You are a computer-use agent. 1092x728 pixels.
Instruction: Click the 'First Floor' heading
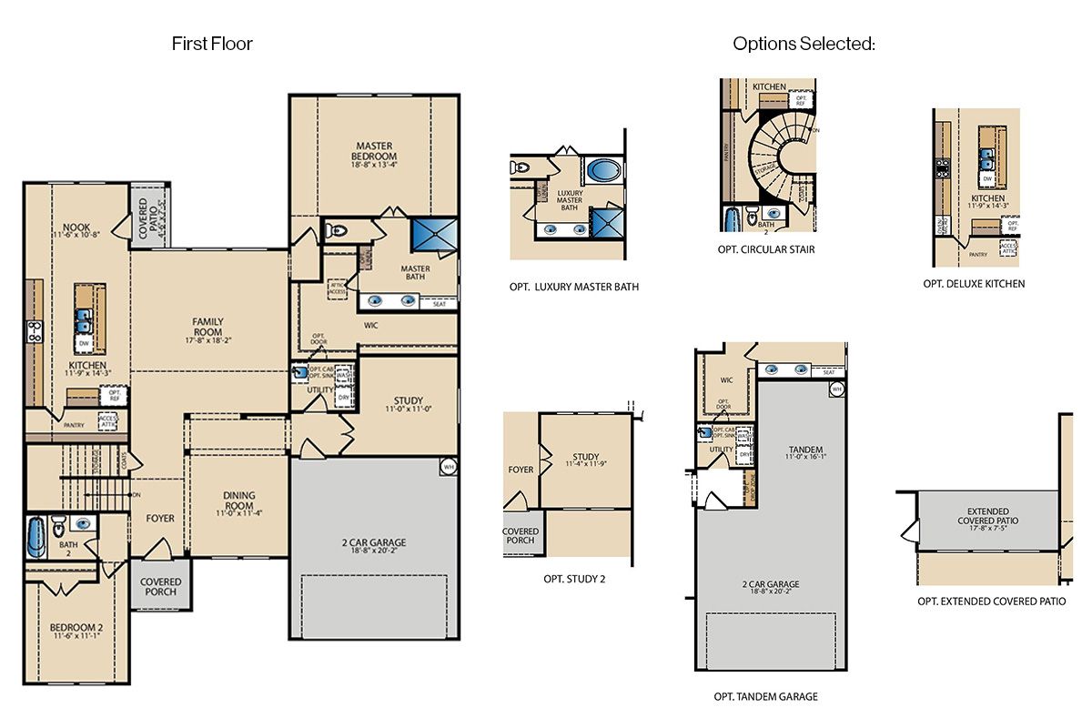tap(212, 43)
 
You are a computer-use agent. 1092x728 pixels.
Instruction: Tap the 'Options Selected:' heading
tap(804, 43)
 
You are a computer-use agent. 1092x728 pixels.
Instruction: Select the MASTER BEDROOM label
tap(374, 150)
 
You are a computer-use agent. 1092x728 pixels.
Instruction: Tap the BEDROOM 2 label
tap(76, 631)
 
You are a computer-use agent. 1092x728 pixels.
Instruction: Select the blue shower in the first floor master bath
tap(434, 234)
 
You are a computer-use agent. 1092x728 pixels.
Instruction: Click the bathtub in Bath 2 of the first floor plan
tap(35, 537)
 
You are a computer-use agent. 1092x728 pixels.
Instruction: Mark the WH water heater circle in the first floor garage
tap(448, 467)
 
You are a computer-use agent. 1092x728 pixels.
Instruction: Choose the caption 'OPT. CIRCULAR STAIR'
tap(765, 249)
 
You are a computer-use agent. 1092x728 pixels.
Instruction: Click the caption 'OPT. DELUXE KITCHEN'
tap(974, 284)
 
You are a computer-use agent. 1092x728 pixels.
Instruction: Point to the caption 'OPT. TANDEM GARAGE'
tap(765, 697)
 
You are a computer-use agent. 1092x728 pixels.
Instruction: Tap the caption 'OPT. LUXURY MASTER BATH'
tap(573, 287)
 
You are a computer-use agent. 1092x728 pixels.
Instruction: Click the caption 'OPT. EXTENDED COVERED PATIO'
tap(991, 602)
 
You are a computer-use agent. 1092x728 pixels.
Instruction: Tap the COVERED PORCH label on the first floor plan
tap(160, 587)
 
